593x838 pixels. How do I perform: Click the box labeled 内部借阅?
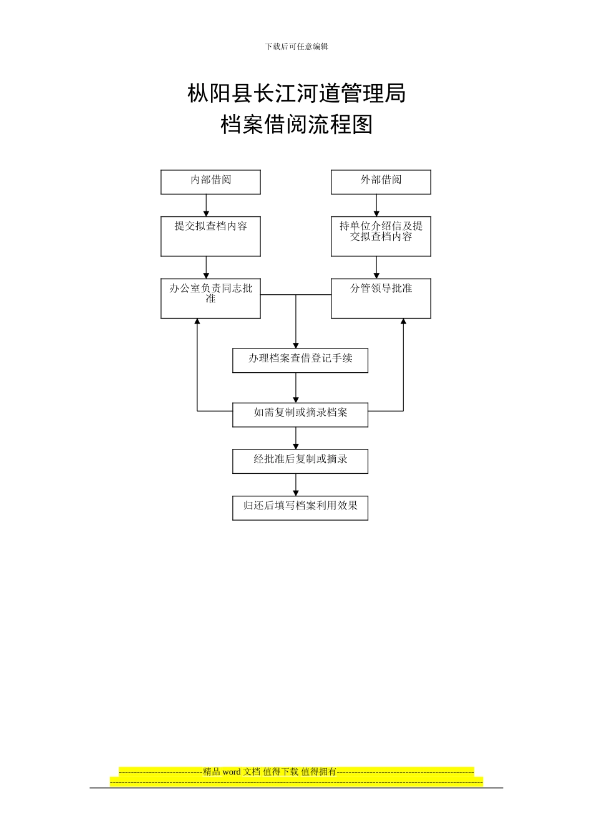click(x=210, y=182)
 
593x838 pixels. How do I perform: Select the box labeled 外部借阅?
click(x=381, y=182)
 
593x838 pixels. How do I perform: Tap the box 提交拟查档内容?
click(x=210, y=236)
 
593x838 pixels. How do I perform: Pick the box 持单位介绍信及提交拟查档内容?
click(x=381, y=236)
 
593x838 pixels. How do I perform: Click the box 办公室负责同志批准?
click(x=210, y=298)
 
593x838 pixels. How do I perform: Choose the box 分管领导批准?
click(x=381, y=298)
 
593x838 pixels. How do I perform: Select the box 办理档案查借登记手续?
click(x=300, y=360)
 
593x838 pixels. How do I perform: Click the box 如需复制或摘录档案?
click(x=300, y=415)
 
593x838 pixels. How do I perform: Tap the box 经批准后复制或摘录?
click(x=300, y=461)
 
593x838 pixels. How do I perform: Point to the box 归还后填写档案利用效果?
click(x=300, y=508)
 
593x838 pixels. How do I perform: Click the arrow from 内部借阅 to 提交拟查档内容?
click(x=206, y=206)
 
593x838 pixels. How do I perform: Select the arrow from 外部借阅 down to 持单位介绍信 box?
click(x=376, y=206)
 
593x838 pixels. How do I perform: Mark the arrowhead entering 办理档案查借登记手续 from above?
click(x=296, y=345)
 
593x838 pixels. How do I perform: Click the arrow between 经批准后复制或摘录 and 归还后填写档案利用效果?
click(x=296, y=485)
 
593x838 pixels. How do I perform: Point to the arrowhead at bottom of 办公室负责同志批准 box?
click(x=197, y=322)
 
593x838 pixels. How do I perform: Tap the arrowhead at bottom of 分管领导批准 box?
click(x=403, y=322)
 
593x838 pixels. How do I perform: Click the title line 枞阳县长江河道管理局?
click(x=296, y=94)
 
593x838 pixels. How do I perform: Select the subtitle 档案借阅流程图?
click(x=296, y=125)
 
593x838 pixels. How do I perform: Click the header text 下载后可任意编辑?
click(x=296, y=46)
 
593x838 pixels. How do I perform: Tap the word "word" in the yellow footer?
click(x=231, y=772)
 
